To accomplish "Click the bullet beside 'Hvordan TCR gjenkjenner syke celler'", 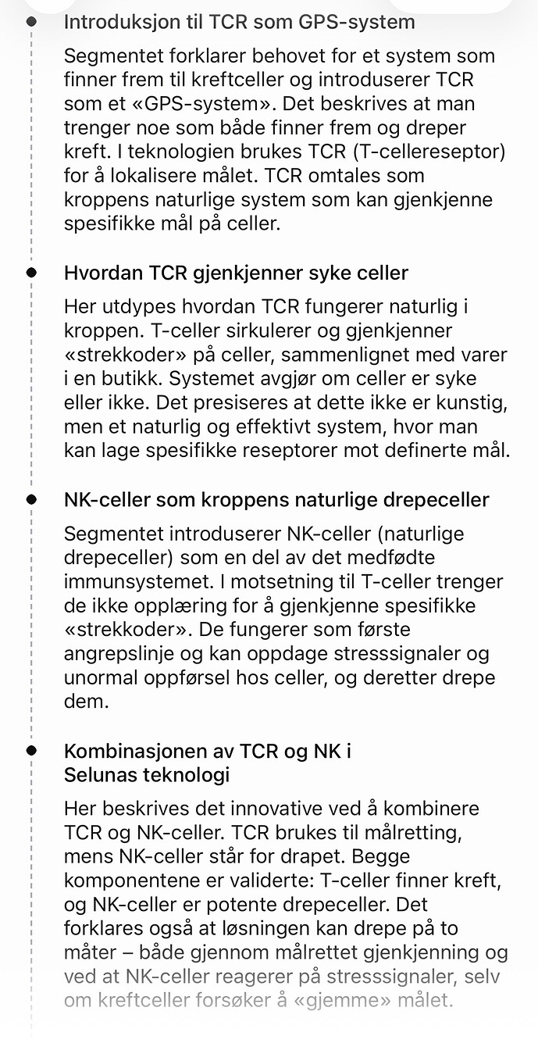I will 31,273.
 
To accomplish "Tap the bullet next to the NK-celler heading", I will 31,499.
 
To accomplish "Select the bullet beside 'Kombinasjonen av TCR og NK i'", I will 31,750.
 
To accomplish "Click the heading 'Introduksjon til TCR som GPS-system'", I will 239,23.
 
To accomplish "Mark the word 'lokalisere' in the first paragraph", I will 148,176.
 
